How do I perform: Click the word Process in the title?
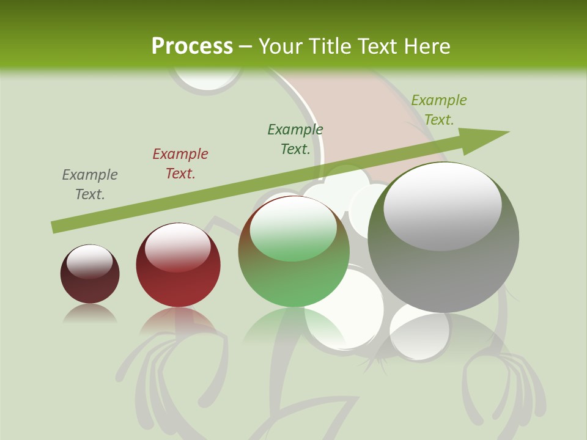(192, 46)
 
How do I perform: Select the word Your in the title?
(280, 46)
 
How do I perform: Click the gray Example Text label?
(90, 185)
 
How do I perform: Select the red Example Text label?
(180, 164)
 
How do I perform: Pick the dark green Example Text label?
(295, 139)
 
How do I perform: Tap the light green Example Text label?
(439, 110)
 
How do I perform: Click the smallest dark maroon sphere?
(90, 284)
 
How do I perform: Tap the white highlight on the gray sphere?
(442, 205)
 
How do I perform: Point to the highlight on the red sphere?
(177, 246)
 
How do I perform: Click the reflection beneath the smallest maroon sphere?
(90, 313)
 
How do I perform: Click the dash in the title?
(246, 46)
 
